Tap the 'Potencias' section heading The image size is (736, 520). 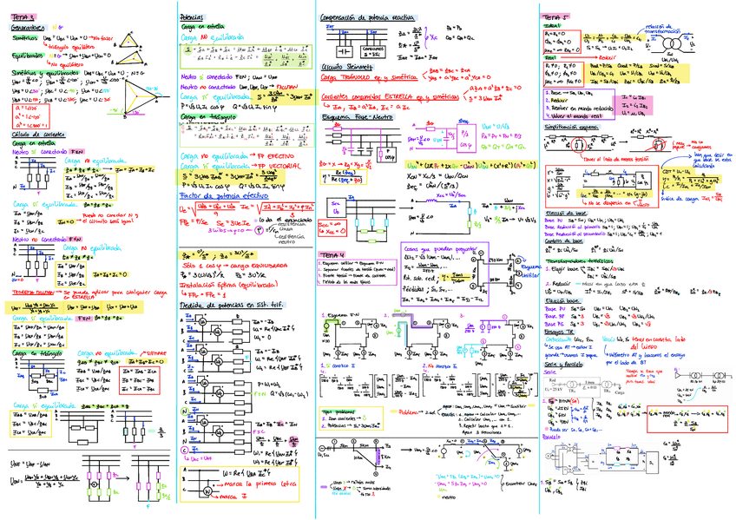coord(192,17)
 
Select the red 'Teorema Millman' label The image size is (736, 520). coord(31,293)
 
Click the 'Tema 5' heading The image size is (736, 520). coord(551,17)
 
